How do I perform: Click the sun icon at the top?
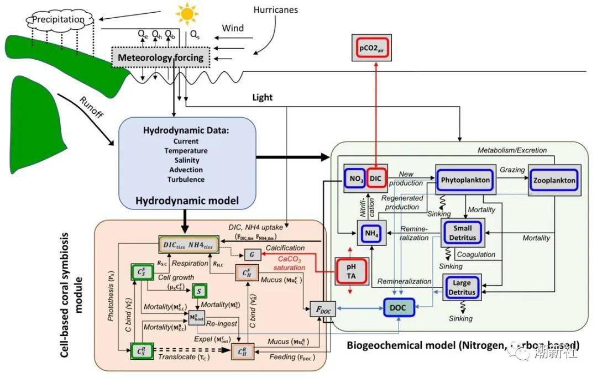click(x=187, y=13)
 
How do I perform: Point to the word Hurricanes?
click(x=276, y=10)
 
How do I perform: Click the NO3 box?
click(x=357, y=178)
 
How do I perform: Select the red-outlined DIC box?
click(x=376, y=178)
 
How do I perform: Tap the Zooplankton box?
click(x=554, y=180)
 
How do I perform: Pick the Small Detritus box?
click(x=463, y=233)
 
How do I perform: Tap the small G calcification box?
click(x=253, y=255)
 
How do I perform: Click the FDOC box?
click(x=322, y=311)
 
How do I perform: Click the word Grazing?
click(x=512, y=169)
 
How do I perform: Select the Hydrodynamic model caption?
click(x=187, y=201)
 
